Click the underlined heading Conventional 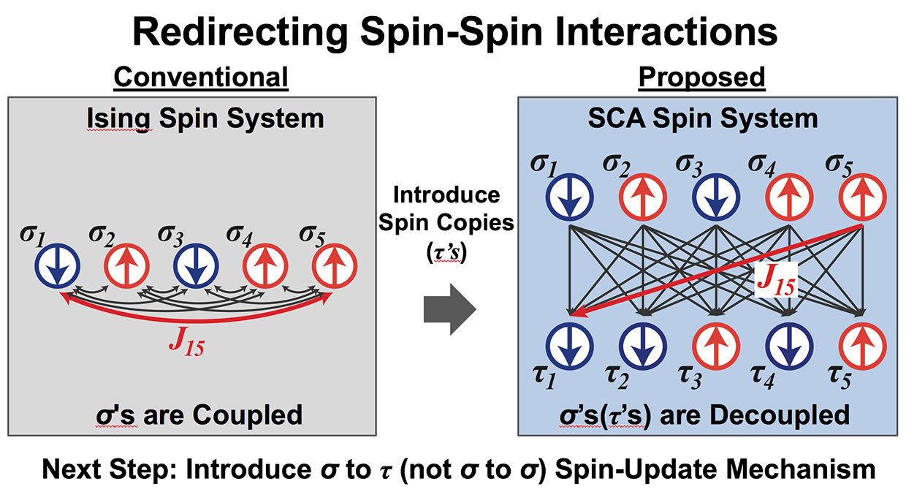(201, 77)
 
